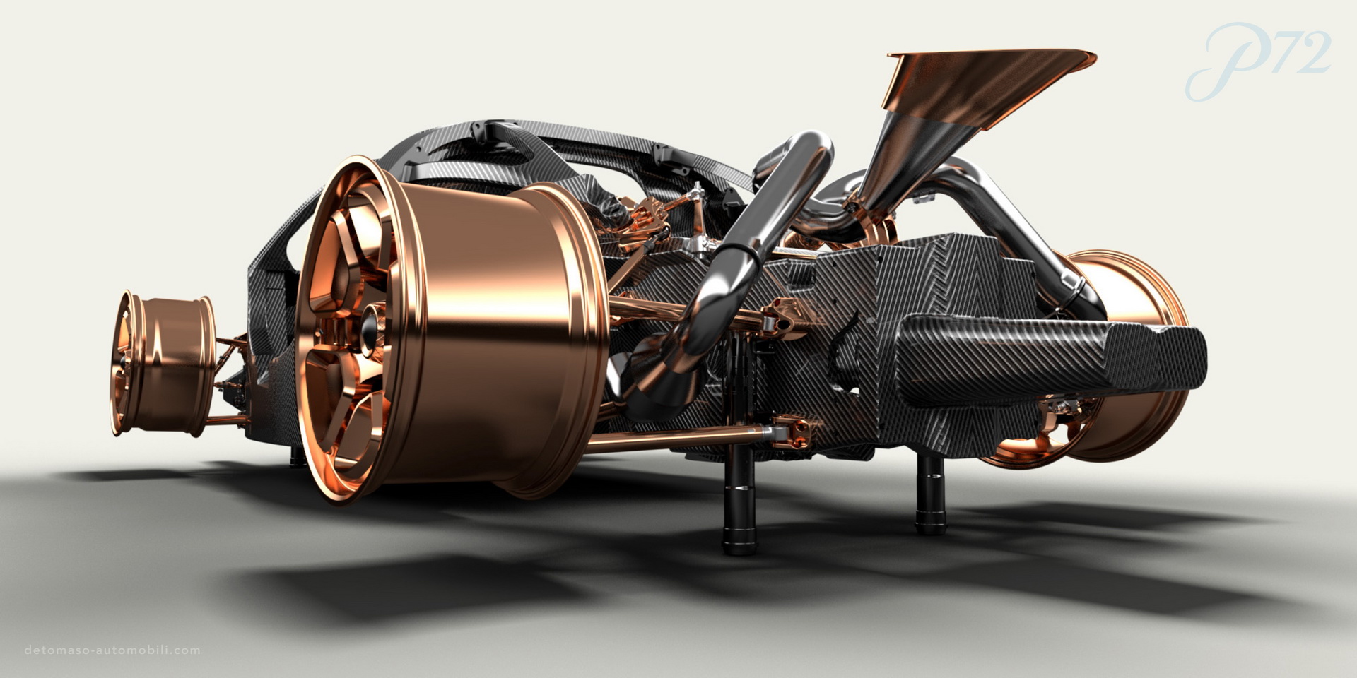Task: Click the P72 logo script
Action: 1258,59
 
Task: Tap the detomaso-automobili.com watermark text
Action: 112,650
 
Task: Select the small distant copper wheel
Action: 161,361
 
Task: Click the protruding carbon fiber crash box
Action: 1053,357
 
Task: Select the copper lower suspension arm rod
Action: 678,441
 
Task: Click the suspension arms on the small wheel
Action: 230,381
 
